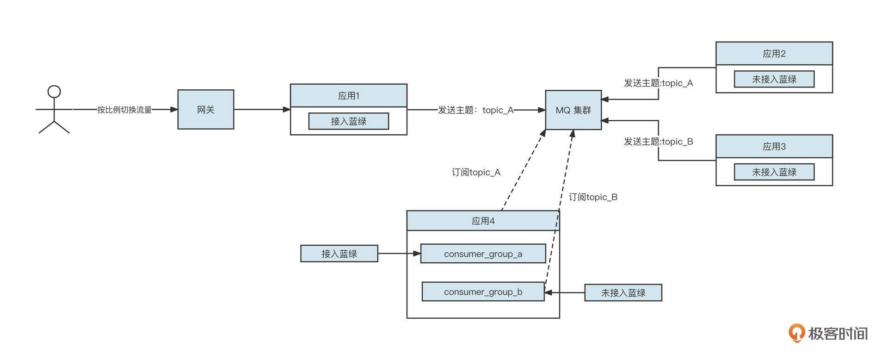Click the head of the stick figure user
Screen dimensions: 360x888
click(x=54, y=91)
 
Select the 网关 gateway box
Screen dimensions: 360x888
click(x=205, y=110)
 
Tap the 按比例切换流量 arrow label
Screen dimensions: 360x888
click(x=124, y=110)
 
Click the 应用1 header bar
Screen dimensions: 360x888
click(x=348, y=96)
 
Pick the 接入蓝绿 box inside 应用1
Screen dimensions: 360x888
click(x=348, y=121)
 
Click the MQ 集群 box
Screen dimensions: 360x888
click(x=573, y=110)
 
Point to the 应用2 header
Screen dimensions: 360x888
click(x=774, y=54)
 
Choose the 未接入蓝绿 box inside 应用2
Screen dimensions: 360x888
click(x=774, y=79)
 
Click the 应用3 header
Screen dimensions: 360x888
click(x=774, y=146)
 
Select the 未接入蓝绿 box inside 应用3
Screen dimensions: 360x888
click(x=774, y=172)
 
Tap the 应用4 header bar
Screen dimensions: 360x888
click(x=483, y=221)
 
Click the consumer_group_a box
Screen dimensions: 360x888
click(x=483, y=254)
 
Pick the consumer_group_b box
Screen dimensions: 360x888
click(x=483, y=292)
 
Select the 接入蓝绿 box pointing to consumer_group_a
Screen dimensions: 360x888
click(x=339, y=254)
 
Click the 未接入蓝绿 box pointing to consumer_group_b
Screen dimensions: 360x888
click(x=623, y=293)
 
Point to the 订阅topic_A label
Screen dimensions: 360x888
click(x=476, y=172)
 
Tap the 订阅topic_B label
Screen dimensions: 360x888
click(x=593, y=197)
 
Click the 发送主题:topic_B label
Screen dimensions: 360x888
click(x=658, y=142)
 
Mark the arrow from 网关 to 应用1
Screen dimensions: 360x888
click(x=262, y=110)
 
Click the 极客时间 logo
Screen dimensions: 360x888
click(x=828, y=333)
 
